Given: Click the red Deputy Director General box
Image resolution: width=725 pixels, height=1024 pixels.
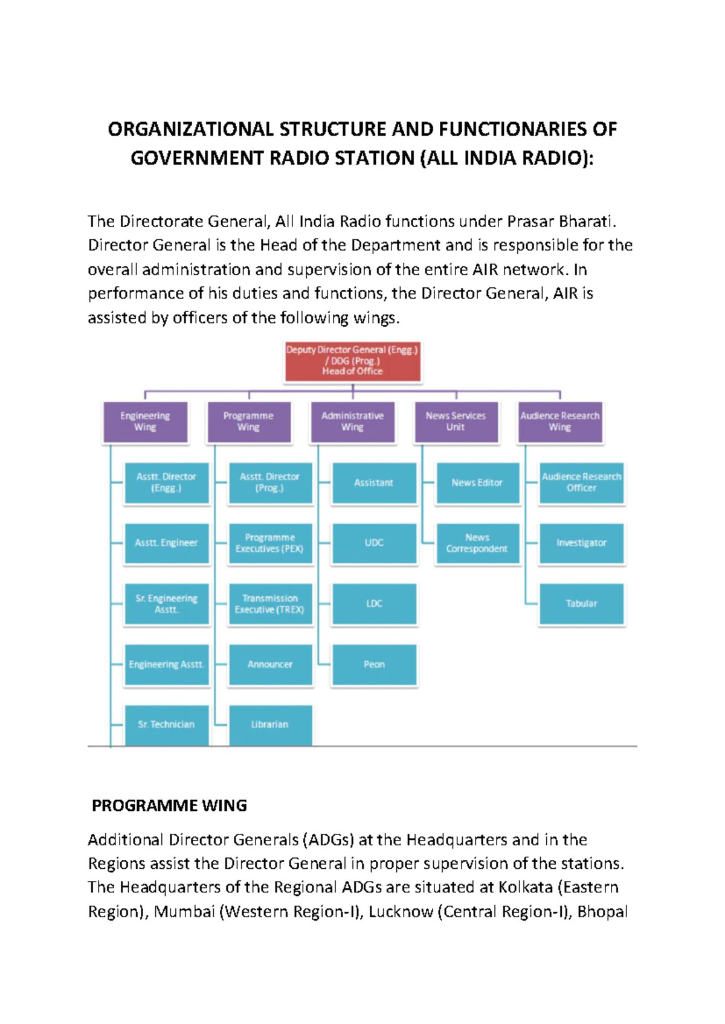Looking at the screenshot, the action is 353,361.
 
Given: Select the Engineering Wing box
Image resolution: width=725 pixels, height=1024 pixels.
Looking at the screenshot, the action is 145,421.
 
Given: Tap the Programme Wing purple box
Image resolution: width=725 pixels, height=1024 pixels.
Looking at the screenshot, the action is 249,421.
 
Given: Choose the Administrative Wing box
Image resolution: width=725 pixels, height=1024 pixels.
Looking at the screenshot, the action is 353,421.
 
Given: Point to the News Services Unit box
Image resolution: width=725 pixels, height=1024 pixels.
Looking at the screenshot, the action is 456,421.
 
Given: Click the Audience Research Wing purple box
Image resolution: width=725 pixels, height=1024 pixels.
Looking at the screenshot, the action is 560,421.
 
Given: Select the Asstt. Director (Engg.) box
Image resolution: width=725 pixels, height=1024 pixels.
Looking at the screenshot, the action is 167,482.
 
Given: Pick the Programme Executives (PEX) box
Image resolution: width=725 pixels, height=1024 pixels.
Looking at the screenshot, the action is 270,543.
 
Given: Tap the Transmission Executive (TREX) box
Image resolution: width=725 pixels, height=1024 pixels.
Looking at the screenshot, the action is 270,604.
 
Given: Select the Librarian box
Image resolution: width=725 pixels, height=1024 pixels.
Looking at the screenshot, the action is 270,725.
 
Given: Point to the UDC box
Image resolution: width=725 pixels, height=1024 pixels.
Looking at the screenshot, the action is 374,543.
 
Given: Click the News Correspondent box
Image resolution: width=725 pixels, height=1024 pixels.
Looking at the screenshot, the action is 477,543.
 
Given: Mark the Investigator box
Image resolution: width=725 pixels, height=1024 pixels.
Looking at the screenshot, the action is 581,543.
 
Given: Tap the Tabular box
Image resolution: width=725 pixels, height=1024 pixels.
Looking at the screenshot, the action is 581,604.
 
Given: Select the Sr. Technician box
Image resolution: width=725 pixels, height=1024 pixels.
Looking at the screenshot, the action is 167,725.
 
